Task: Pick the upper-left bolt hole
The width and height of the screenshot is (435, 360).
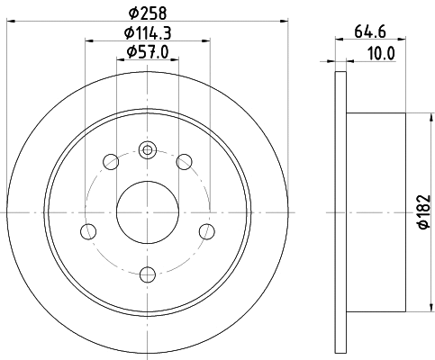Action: click(112, 162)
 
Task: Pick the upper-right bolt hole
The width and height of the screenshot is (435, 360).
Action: click(185, 162)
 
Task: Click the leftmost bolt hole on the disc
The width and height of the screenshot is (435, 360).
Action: click(87, 231)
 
